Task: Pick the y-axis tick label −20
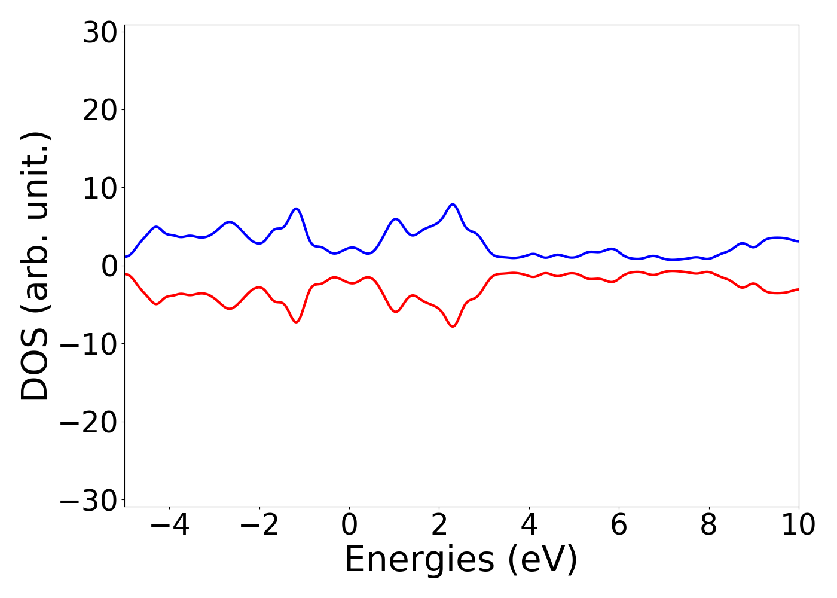point(88,422)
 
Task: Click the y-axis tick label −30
point(88,501)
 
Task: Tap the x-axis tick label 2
point(439,526)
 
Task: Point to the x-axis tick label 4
point(529,526)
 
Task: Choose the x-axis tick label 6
point(619,526)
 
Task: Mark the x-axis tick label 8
point(708,526)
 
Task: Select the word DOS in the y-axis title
point(34,367)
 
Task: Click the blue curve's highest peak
point(453,205)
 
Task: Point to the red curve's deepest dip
point(453,326)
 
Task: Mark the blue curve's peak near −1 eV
point(296,209)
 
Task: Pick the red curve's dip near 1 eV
point(396,312)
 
